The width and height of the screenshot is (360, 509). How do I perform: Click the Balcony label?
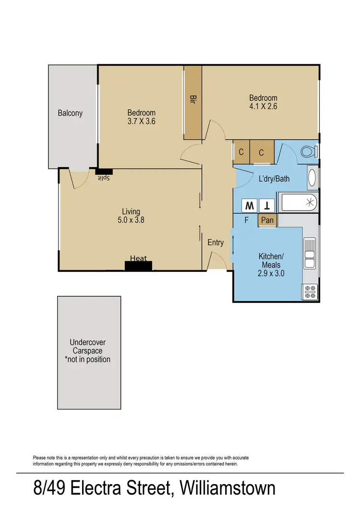(70, 113)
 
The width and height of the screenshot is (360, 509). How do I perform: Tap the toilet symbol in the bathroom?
(309, 152)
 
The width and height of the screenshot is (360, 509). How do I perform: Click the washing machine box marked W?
(250, 206)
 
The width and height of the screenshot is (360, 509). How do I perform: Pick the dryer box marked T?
(267, 206)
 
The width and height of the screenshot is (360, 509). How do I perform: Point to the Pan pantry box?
(267, 220)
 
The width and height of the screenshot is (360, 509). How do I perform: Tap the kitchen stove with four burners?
(310, 290)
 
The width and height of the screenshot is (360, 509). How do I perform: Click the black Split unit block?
(104, 171)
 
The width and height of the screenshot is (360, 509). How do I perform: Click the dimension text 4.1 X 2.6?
(263, 107)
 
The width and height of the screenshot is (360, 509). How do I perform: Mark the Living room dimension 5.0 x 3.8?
(131, 220)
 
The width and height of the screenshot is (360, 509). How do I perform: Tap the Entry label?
(216, 242)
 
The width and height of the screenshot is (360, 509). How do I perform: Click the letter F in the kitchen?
(246, 221)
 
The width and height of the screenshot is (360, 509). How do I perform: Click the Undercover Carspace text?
(87, 351)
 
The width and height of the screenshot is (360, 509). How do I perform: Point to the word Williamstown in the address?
(228, 489)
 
